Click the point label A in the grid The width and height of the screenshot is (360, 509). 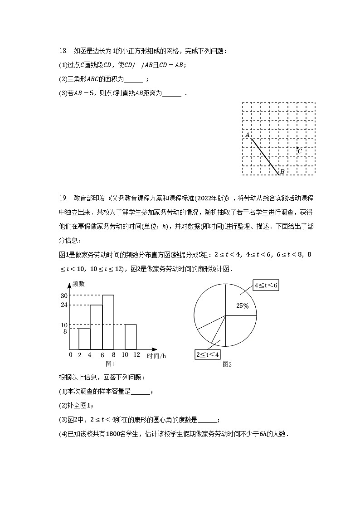[248, 135]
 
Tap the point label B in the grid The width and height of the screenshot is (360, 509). [282, 171]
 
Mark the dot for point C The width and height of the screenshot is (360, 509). [297, 147]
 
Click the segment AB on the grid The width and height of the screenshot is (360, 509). [265, 156]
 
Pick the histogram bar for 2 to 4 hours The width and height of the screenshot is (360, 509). [84, 339]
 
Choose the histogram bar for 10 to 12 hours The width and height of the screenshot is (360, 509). [131, 337]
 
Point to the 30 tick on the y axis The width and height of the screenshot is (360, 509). [64, 295]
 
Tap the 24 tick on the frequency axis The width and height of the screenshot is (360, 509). [64, 305]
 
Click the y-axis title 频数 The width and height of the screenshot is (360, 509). [78, 284]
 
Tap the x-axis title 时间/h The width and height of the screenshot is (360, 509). [156, 356]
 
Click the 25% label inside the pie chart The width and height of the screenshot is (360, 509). [243, 306]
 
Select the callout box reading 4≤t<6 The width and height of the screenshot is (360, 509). [266, 286]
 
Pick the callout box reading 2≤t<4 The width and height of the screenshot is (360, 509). [208, 354]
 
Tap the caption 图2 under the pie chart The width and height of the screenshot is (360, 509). [227, 364]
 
